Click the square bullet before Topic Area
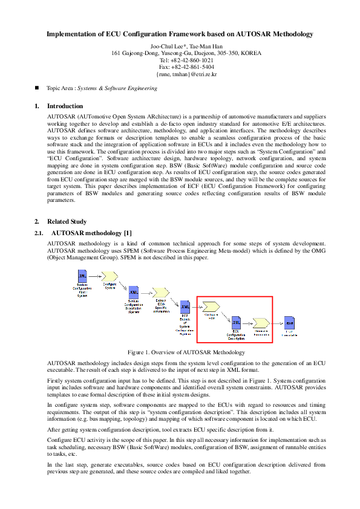[x=38, y=88]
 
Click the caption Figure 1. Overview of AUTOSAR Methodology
[x=186, y=352]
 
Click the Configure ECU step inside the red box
[x=212, y=306]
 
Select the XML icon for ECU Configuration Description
[x=236, y=322]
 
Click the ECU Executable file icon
[x=289, y=322]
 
